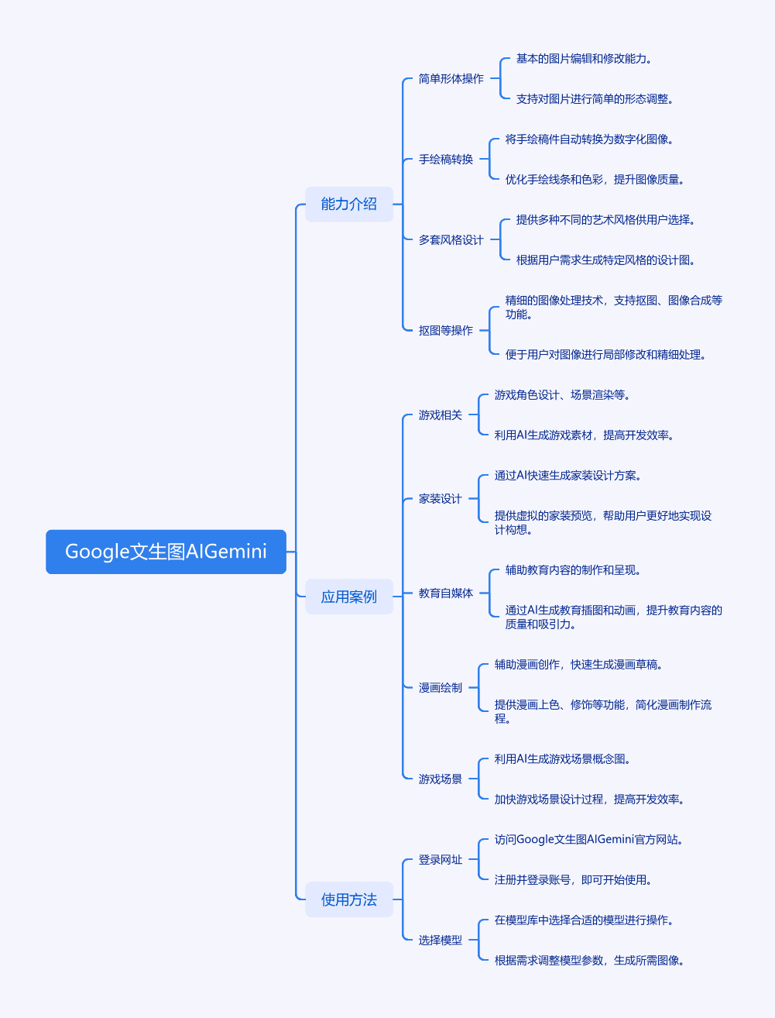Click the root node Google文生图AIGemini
coord(166,552)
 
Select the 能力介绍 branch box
coord(349,204)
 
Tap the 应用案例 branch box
coord(349,597)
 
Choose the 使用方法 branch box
coord(349,899)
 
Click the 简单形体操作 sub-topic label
coord(451,79)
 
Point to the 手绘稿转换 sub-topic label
coord(446,160)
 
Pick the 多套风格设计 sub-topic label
coord(451,239)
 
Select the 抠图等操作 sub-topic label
coord(446,330)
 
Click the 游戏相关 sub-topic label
coord(441,415)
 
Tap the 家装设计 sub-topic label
coord(441,499)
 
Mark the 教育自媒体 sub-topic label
coord(446,593)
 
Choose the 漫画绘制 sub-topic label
coord(441,688)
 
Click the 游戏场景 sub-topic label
coord(441,779)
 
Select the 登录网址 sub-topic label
coord(441,860)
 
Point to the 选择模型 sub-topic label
coord(441,940)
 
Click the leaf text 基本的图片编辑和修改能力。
coord(584,59)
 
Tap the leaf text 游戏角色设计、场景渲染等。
coord(562,395)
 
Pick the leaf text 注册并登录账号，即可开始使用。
coord(574,880)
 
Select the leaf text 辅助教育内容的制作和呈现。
coord(574,570)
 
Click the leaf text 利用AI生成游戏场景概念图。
coord(562,759)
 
